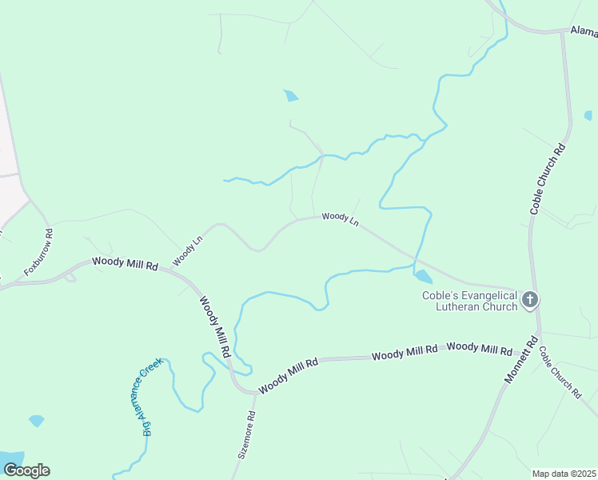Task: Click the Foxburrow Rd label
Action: pyautogui.click(x=38, y=254)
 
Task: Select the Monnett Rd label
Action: pyautogui.click(x=519, y=360)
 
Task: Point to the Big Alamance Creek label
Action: pyautogui.click(x=152, y=396)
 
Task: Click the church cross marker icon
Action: pyautogui.click(x=529, y=300)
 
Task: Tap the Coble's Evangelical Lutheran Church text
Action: pyautogui.click(x=470, y=300)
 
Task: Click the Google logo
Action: pyautogui.click(x=26, y=470)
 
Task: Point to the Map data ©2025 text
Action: pyautogui.click(x=564, y=474)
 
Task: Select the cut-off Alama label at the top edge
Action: pyautogui.click(x=584, y=31)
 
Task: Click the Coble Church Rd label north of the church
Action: pyautogui.click(x=548, y=179)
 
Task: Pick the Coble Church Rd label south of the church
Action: pyautogui.click(x=560, y=371)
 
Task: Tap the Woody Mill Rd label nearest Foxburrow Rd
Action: pyautogui.click(x=125, y=262)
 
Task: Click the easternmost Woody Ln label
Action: pyautogui.click(x=340, y=218)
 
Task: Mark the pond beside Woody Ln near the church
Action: pyautogui.click(x=423, y=277)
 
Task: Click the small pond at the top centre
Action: pyautogui.click(x=291, y=96)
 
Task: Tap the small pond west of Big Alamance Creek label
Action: pyautogui.click(x=36, y=420)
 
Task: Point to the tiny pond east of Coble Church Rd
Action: pyautogui.click(x=589, y=115)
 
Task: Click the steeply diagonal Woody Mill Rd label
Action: pyautogui.click(x=215, y=326)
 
